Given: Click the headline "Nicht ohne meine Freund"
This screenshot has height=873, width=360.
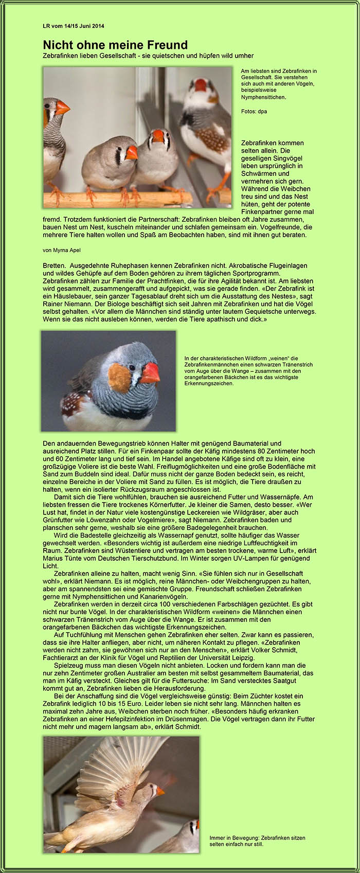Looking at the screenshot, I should [115, 45].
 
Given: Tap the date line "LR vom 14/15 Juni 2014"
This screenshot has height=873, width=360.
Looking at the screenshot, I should [74, 26].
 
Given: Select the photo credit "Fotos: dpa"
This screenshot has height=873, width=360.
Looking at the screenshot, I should [254, 111].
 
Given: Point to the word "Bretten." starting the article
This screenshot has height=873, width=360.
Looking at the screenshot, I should [55, 265].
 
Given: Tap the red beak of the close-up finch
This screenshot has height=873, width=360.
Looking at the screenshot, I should [150, 373].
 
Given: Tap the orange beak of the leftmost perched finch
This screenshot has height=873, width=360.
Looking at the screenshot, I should [62, 108].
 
